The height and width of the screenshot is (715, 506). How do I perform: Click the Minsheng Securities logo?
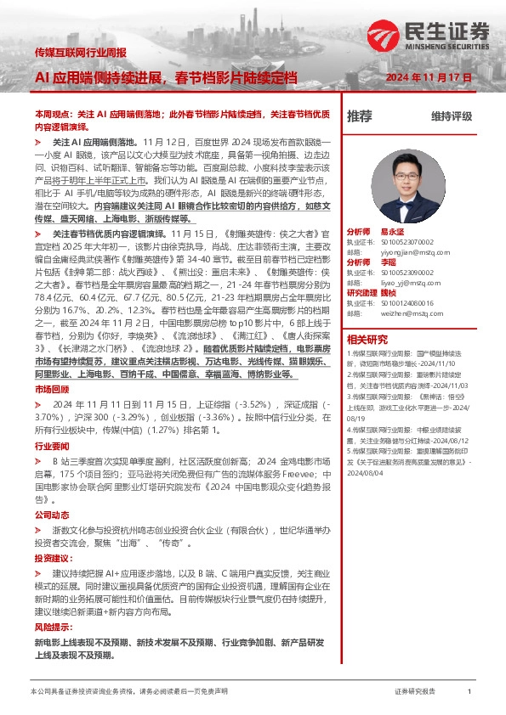[x=430, y=35]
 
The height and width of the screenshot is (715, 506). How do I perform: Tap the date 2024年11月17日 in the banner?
[x=429, y=78]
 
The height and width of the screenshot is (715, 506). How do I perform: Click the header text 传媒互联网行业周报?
[x=81, y=53]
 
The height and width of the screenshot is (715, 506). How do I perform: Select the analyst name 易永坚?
[x=390, y=230]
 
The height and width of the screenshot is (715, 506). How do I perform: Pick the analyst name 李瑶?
[x=387, y=262]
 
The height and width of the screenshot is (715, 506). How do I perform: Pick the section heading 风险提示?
[x=48, y=627]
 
